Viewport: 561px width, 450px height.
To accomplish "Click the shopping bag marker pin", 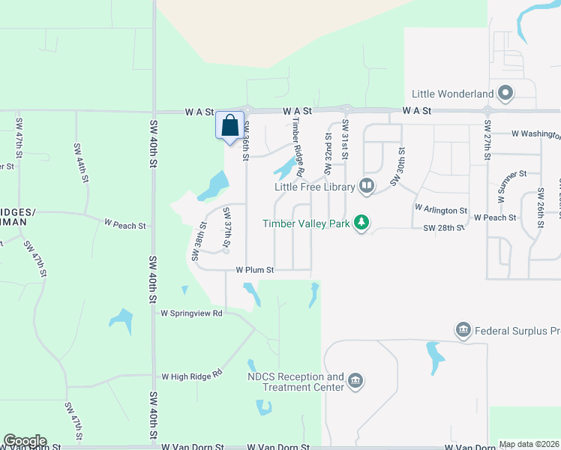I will tap(229, 125).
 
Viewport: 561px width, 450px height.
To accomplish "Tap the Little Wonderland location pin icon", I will tap(505, 94).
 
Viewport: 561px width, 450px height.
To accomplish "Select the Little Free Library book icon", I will tap(367, 186).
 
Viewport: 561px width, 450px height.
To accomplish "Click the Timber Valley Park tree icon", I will tap(362, 223).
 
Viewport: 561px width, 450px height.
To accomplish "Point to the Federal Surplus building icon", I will tap(463, 330).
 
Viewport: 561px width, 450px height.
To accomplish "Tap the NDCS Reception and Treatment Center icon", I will tap(355, 382).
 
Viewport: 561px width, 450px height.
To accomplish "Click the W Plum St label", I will tap(255, 270).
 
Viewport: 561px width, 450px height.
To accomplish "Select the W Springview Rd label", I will tap(192, 313).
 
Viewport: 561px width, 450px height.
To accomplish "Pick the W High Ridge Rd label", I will tap(193, 374).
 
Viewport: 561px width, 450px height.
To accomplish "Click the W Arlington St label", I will tap(441, 211).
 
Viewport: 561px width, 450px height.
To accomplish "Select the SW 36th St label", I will tap(245, 142).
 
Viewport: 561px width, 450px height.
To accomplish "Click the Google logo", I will tap(25, 441).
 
